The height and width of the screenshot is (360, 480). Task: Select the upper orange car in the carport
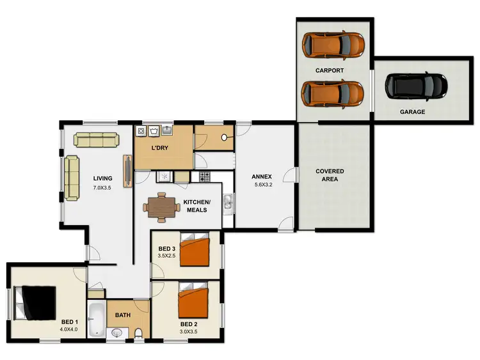(333, 43)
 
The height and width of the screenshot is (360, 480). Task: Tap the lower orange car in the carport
(333, 93)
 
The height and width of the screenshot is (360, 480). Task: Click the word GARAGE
(413, 112)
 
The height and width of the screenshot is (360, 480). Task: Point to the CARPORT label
(330, 70)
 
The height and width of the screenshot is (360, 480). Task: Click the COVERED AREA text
(330, 175)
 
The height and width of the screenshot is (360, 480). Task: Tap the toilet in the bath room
(138, 333)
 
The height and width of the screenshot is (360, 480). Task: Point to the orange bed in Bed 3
(195, 251)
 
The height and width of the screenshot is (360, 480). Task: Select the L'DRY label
(160, 148)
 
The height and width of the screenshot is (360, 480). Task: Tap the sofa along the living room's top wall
(96, 139)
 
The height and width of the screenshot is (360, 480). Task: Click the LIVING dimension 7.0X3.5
(102, 188)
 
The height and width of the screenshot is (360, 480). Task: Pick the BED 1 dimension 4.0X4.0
(68, 329)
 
